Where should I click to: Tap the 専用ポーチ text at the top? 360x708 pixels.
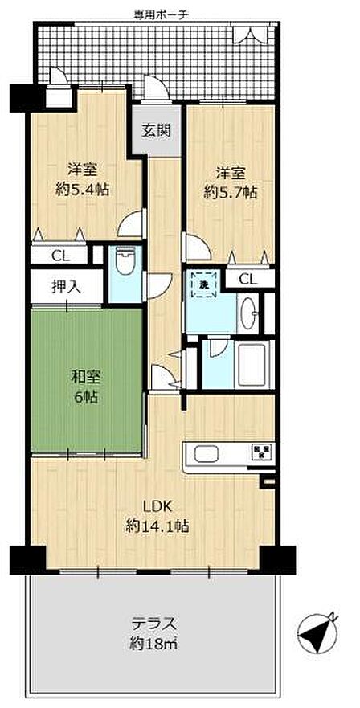(161, 14)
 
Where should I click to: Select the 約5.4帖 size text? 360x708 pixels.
(82, 190)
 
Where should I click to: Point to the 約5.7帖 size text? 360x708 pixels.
(231, 193)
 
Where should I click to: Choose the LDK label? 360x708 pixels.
(157, 506)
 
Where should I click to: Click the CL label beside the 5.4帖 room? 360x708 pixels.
(60, 256)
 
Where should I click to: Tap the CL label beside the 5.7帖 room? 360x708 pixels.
(247, 280)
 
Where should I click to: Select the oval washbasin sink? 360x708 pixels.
(247, 313)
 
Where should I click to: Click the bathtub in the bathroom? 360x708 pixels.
(252, 364)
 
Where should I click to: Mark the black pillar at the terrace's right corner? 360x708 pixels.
(279, 560)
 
